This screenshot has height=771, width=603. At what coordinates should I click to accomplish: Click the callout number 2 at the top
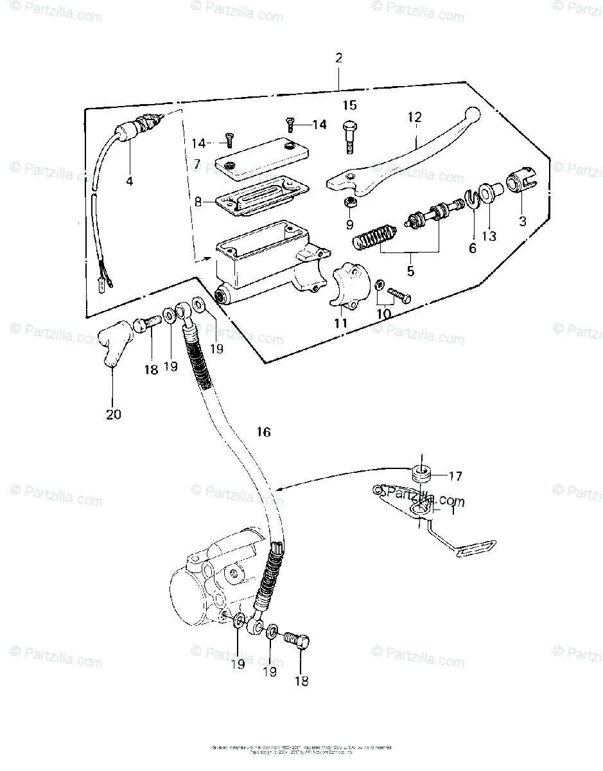(338, 58)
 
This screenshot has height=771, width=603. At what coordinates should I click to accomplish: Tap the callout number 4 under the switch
(129, 181)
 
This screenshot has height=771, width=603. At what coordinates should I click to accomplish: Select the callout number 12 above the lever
(414, 117)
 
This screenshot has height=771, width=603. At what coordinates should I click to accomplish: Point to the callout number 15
(349, 105)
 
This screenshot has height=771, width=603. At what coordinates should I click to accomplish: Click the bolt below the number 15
(349, 134)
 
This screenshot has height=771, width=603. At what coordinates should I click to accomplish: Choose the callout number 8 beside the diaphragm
(198, 201)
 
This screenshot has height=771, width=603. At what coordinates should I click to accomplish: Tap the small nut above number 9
(350, 204)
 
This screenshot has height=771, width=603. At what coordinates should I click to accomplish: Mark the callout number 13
(489, 236)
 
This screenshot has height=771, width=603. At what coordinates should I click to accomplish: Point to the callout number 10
(383, 314)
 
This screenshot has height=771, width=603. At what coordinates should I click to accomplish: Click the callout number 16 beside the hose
(263, 432)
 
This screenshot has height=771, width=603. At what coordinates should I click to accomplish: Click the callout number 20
(113, 414)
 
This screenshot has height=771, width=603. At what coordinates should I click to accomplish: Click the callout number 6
(473, 247)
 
